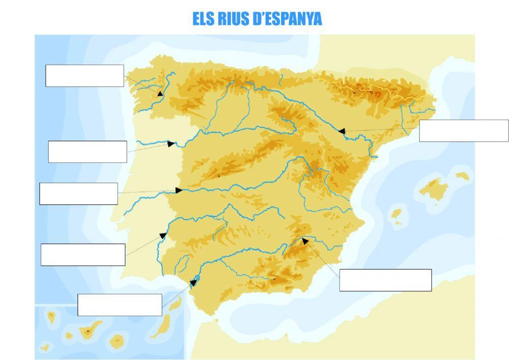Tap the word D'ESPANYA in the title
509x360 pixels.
click(x=288, y=19)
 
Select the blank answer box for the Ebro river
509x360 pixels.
click(x=464, y=131)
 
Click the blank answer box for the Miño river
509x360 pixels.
click(x=84, y=76)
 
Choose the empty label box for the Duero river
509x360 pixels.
click(x=88, y=152)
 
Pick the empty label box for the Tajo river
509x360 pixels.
click(x=78, y=193)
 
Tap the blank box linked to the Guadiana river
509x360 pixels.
click(x=83, y=255)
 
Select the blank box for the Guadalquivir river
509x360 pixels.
click(x=120, y=304)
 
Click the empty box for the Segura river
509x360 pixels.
click(x=385, y=280)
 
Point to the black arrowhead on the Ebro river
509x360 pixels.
click(x=342, y=131)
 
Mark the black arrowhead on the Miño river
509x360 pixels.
click(x=160, y=93)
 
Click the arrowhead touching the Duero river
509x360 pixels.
click(x=171, y=144)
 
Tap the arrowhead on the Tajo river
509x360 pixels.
click(x=179, y=190)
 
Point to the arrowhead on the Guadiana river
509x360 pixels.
click(x=163, y=236)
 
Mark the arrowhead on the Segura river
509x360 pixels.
click(x=305, y=241)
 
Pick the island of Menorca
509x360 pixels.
click(x=462, y=176)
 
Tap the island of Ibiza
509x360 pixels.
click(x=396, y=213)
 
